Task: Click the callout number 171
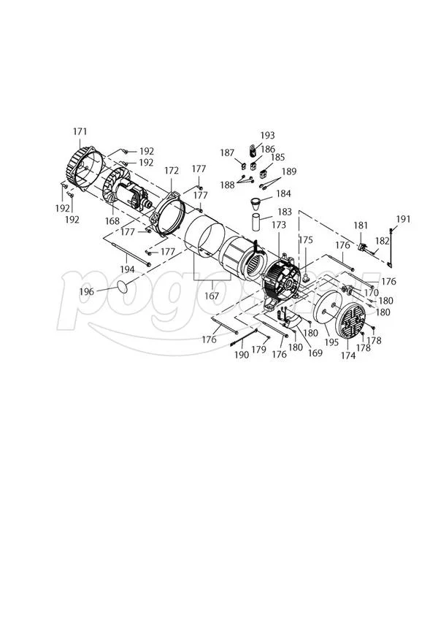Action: click(x=80, y=131)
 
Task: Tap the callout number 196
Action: click(x=86, y=291)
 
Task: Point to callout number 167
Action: click(x=212, y=296)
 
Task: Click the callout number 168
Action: click(x=112, y=220)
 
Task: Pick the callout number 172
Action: click(x=172, y=171)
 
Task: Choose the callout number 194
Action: click(x=127, y=270)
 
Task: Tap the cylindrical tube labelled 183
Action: click(x=256, y=222)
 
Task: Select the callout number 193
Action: click(x=268, y=135)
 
